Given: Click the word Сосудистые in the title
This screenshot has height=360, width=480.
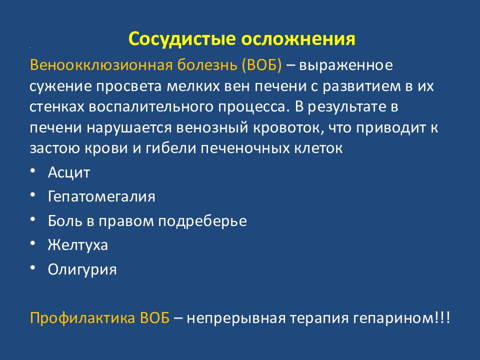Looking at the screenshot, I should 181,39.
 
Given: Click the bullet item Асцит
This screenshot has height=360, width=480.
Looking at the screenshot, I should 69,173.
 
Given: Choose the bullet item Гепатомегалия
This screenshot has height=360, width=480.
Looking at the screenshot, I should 101,196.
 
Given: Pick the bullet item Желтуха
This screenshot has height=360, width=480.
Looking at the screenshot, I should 78,245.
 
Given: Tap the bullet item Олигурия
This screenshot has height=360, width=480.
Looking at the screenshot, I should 82,270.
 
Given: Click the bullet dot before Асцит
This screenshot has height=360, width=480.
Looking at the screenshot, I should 32,171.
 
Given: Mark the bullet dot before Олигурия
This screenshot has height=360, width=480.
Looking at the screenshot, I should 32,268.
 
